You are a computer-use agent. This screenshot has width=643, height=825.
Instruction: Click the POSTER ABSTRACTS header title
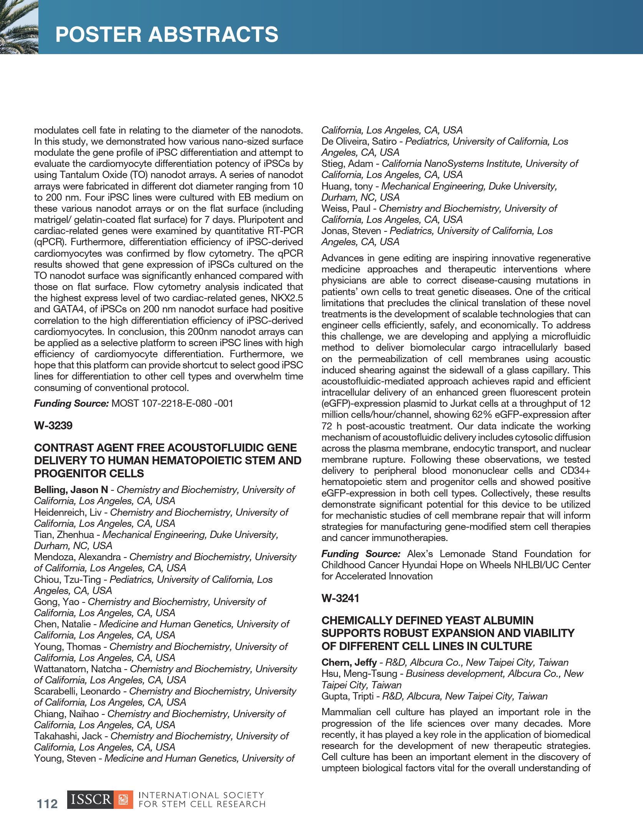(167, 34)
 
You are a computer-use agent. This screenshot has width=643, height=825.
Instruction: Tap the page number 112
(47, 804)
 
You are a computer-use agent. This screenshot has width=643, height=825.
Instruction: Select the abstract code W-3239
(53, 426)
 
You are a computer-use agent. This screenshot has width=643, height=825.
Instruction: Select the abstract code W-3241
(340, 598)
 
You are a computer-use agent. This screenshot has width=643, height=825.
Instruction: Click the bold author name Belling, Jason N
(71, 490)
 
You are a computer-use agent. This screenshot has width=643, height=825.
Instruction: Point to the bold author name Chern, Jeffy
(349, 662)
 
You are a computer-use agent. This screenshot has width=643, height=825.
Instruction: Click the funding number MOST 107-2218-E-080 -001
(172, 403)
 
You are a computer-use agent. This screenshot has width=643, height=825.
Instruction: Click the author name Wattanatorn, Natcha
(78, 669)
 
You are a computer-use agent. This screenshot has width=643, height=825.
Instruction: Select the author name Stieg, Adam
(347, 163)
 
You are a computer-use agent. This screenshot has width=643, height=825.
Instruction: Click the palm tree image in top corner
(18, 27)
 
